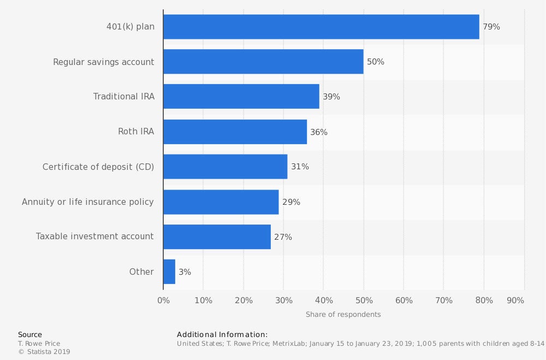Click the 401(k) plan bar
[x=321, y=27]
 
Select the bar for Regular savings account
[x=263, y=62]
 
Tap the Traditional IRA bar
[x=241, y=97]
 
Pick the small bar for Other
[x=169, y=272]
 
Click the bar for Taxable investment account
[x=217, y=237]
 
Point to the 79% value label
[x=491, y=27]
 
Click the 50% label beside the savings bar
[x=376, y=62]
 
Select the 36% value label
[x=319, y=132]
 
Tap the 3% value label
[x=185, y=272]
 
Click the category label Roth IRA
[x=136, y=132]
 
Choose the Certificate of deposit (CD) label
[x=98, y=167]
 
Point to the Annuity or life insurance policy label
[x=88, y=202]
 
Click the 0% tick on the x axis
[x=163, y=300]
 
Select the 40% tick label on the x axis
[x=324, y=300]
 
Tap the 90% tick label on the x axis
[x=515, y=300]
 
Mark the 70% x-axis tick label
[x=444, y=300]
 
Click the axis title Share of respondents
[x=343, y=315]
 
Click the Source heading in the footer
[x=30, y=334]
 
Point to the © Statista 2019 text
[x=44, y=352]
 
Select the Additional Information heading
[x=222, y=334]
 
